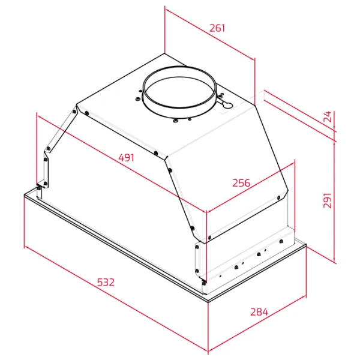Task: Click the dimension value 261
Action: coord(217,28)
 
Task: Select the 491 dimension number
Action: coord(126,158)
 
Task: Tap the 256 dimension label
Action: coord(241,183)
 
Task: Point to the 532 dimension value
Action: coord(106,282)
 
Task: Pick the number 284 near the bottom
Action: coord(259,312)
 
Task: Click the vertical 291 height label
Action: coord(328,200)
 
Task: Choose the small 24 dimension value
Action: coord(328,116)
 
